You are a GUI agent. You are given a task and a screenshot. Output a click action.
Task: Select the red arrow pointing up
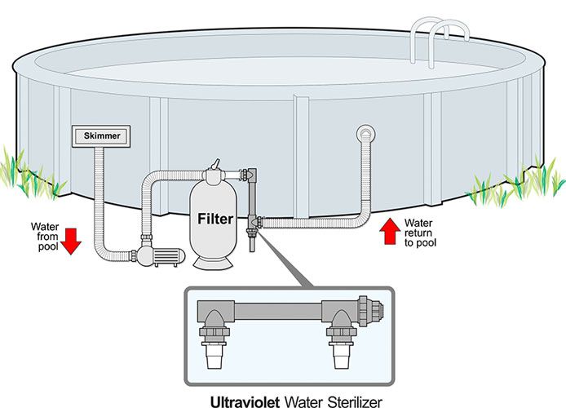coord(390,231)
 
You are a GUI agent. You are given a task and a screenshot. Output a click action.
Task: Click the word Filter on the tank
coord(216,219)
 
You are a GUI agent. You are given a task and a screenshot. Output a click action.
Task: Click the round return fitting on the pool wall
coord(364,133)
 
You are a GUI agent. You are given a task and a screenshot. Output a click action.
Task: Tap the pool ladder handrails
coord(445,33)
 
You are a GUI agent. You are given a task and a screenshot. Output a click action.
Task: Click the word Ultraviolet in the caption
coord(245,401)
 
